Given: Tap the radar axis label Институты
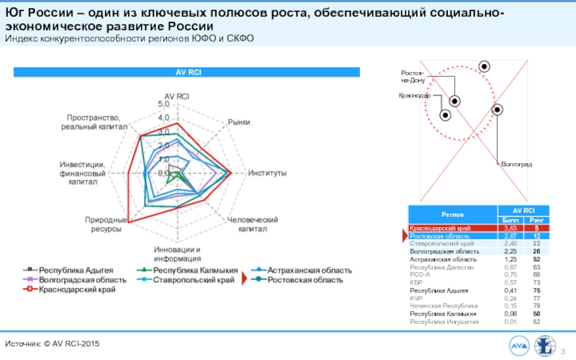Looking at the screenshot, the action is tap(268, 174).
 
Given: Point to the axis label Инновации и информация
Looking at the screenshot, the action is tap(177, 254).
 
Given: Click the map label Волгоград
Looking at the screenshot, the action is tap(516, 165).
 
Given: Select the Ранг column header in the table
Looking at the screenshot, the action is tap(536, 219).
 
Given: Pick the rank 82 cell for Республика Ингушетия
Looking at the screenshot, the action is tap(536, 321).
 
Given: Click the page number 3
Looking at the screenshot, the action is tap(563, 351).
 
